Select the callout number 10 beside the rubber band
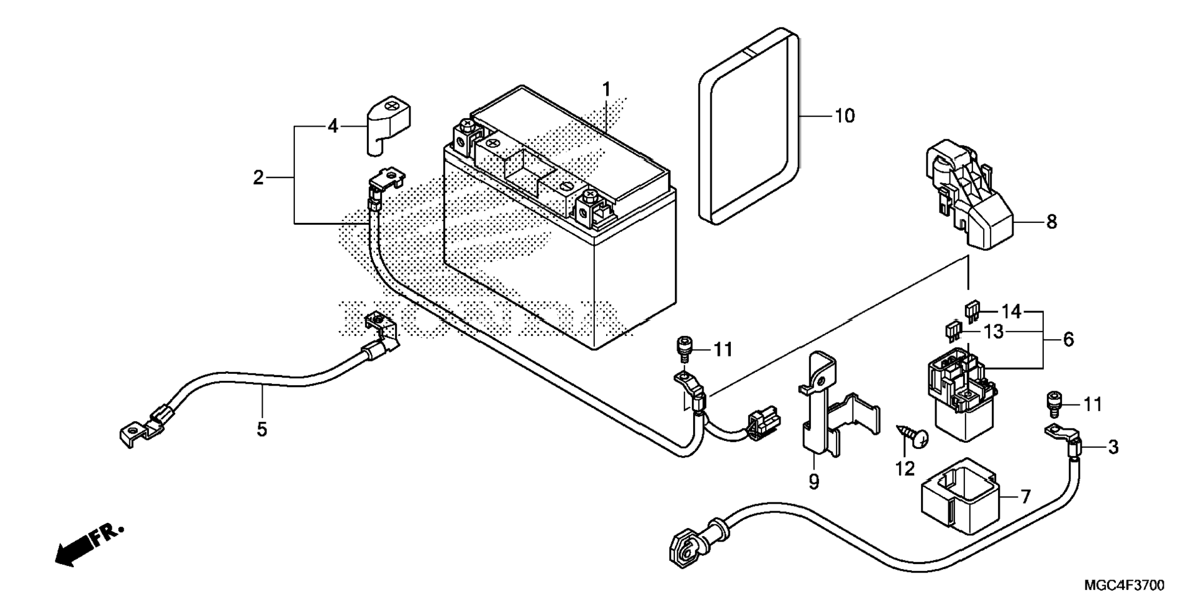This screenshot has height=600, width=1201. coord(845,116)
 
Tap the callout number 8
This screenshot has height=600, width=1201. coord(1051,222)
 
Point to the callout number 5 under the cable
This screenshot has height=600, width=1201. coord(262,429)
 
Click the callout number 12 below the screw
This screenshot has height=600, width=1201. coord(905,468)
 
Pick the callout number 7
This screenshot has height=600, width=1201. coord(1025,496)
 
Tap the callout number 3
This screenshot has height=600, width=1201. coord(1113,447)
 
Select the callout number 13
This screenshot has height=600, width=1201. coord(994,332)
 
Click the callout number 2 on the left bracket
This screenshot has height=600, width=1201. coord(258,178)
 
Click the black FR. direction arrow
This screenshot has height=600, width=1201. coord(90,544)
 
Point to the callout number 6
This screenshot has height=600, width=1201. coord(1068,339)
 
